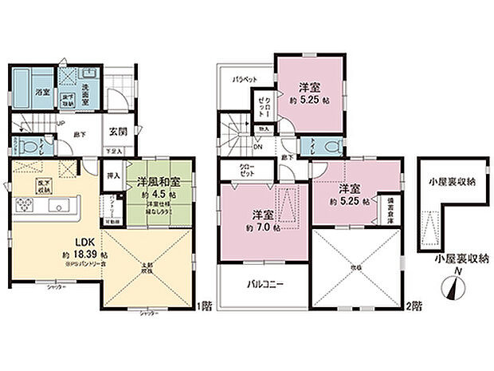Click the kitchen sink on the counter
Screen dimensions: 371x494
(57, 206)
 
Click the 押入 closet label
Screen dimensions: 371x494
(114, 174)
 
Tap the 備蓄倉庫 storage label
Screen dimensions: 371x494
(390, 209)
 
